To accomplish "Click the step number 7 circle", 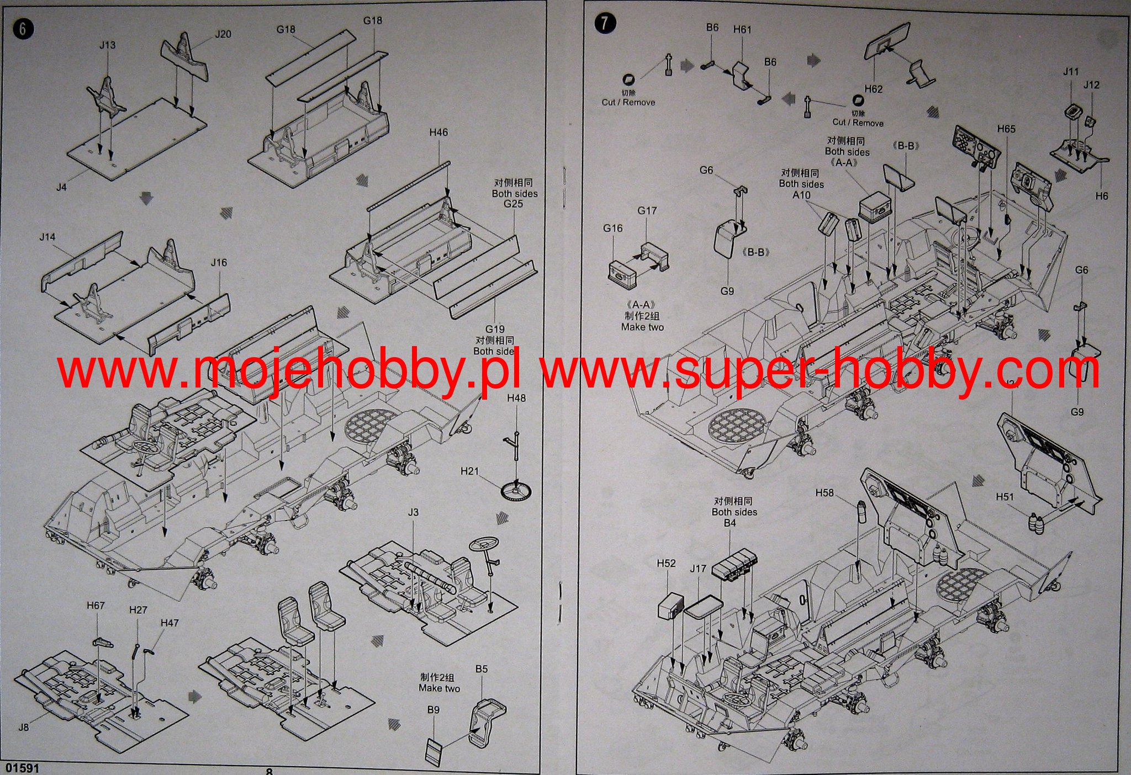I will click(x=605, y=23).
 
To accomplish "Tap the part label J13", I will click(x=108, y=45).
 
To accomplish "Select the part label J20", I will click(x=223, y=34).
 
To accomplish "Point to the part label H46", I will click(x=438, y=132).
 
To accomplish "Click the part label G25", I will click(x=513, y=204).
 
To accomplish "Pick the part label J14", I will click(x=47, y=237).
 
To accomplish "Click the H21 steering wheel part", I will click(x=517, y=490).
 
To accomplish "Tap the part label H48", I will click(x=516, y=398).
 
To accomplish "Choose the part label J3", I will click(x=413, y=512).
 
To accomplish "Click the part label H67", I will click(x=96, y=606).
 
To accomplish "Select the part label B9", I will click(x=434, y=710).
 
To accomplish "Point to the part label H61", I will click(x=742, y=30).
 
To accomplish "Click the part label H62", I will click(x=874, y=89).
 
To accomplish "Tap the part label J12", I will click(x=1091, y=85).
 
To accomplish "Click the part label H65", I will click(x=1006, y=129).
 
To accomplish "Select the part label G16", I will click(x=613, y=228).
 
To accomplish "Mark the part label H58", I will click(x=825, y=493).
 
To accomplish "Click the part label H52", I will click(x=667, y=563).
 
